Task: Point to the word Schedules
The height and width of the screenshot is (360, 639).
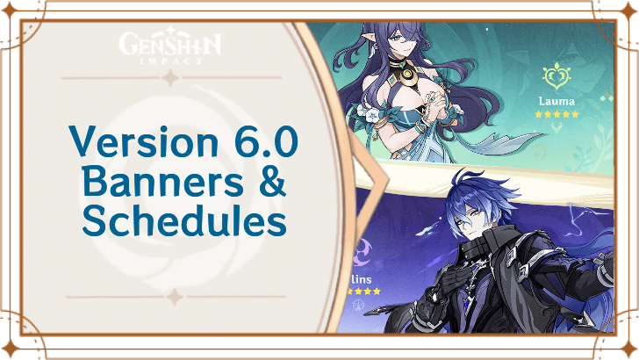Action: tap(184, 220)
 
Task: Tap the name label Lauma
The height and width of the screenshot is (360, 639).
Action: tap(557, 101)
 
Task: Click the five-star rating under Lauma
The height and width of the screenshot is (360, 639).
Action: tap(558, 114)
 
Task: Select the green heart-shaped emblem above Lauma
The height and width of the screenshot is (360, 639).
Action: tap(557, 77)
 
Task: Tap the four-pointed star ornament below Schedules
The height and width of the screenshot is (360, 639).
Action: tap(173, 297)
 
